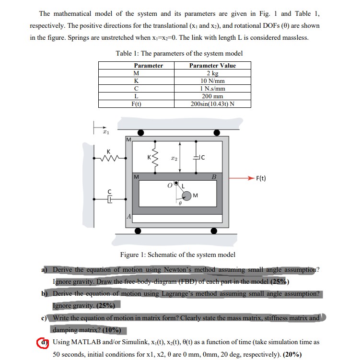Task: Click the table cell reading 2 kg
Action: tap(212, 73)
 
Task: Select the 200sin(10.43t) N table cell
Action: tap(212, 104)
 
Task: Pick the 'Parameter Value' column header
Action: tap(212, 66)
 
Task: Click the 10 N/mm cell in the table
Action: tap(212, 81)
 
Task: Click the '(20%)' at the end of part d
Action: tap(292, 355)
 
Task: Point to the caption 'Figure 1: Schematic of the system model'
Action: tap(177, 255)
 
